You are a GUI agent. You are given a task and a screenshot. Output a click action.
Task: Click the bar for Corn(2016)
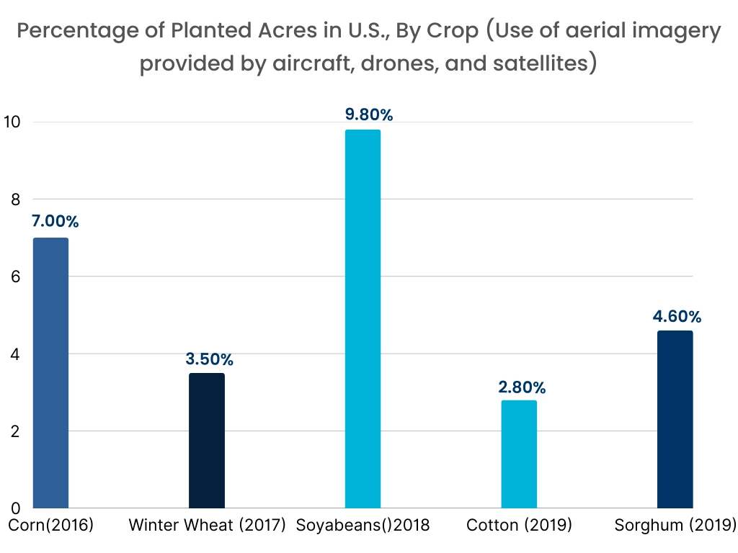point(50,373)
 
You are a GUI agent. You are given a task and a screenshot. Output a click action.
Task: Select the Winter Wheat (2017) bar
point(207,441)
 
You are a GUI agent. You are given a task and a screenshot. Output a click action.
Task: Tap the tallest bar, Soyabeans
point(363,319)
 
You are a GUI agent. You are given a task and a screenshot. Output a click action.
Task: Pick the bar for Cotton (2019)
point(519,454)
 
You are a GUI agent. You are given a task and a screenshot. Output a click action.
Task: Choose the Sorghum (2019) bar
point(675,420)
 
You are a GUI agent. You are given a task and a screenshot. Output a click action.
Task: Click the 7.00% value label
point(55,222)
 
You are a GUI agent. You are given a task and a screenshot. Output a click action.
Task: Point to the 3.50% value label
point(210,359)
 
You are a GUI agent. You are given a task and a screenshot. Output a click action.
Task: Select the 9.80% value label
point(368,114)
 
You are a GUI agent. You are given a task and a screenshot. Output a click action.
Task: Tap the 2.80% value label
point(523,387)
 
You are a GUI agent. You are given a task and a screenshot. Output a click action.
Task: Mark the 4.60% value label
point(677,317)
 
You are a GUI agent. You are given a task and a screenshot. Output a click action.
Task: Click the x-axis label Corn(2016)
point(51,525)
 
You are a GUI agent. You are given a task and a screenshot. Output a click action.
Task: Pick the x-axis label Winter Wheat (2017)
point(208,525)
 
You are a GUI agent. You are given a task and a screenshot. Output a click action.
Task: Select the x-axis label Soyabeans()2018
point(363,525)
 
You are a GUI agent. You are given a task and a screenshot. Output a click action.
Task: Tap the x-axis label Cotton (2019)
point(519,525)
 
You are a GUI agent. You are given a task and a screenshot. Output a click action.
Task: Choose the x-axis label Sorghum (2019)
point(675,525)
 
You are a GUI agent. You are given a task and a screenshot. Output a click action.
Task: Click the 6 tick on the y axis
point(14,276)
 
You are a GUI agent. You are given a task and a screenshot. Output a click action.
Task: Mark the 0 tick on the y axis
point(14,508)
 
